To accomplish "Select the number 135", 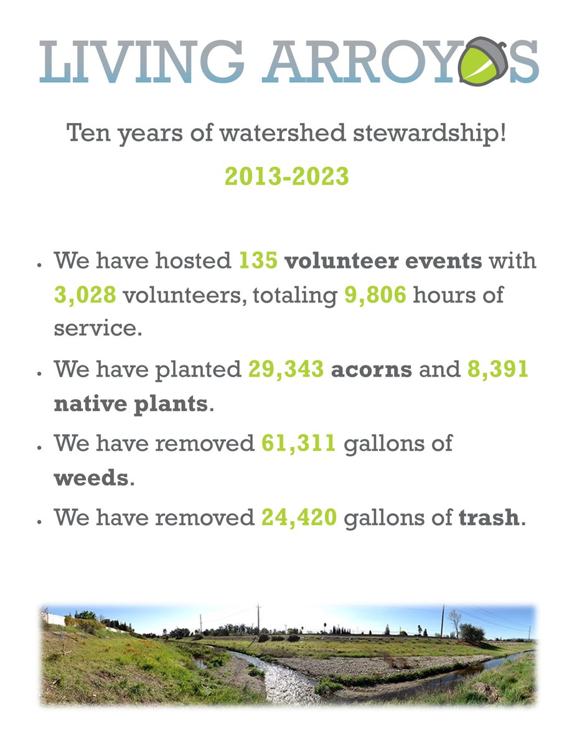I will click(258, 261).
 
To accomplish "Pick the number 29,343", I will click(286, 370).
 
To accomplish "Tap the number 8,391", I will click(497, 370).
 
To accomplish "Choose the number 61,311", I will click(299, 444).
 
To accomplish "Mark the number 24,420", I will click(299, 518).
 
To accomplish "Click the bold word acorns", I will click(371, 370).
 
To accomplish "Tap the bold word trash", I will click(489, 518).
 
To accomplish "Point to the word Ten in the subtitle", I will click(86, 133).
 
